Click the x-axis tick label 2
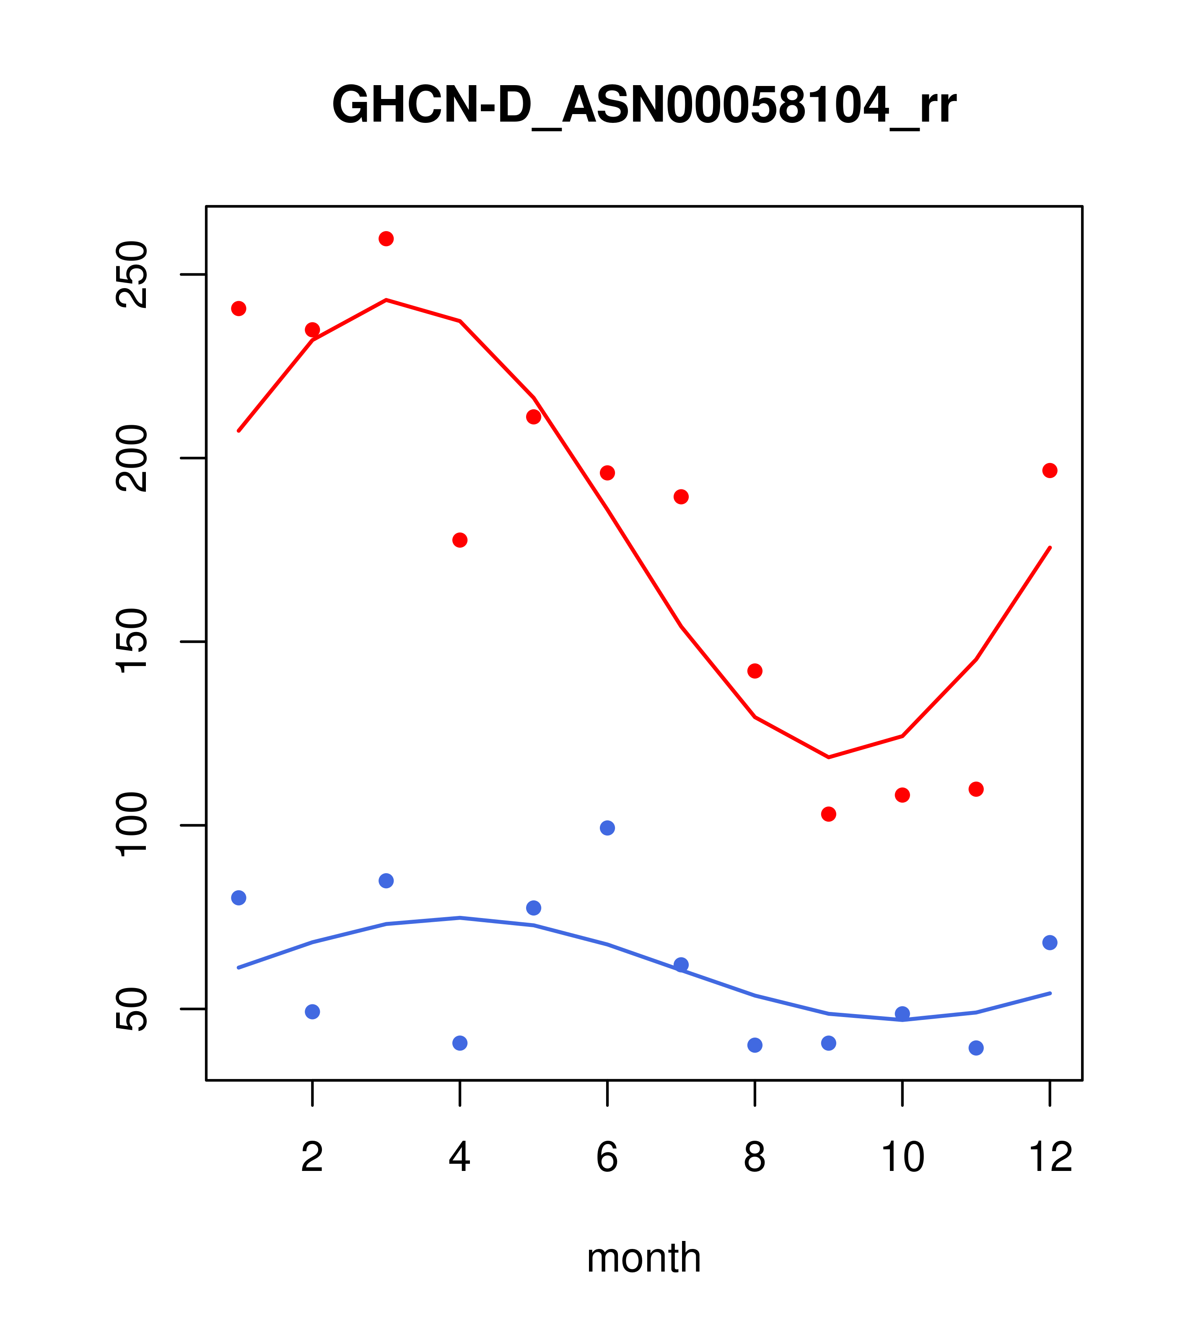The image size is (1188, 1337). click(313, 1157)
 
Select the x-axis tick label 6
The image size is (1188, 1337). click(607, 1157)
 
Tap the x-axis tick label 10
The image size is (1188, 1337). click(902, 1157)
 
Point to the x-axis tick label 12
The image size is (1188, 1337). click(1050, 1157)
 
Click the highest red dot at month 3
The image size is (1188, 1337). click(386, 239)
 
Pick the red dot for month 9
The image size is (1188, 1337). click(828, 814)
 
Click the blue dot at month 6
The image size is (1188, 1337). click(607, 828)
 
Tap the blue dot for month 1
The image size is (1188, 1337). click(239, 898)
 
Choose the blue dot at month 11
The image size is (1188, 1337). click(976, 1048)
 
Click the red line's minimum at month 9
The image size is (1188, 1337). click(828, 757)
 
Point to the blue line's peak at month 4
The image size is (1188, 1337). click(460, 918)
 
